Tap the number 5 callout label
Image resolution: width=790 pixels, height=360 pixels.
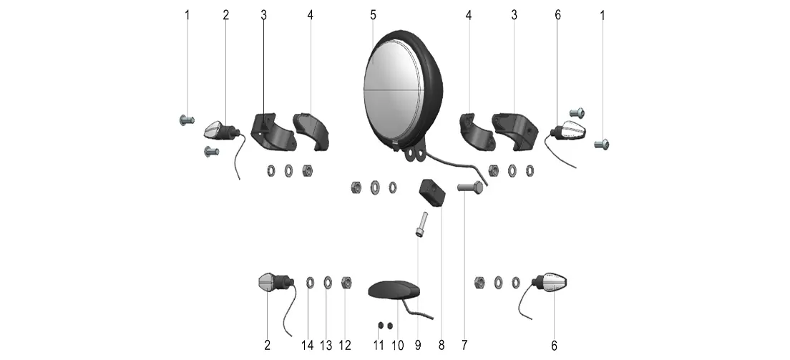coord(373,15)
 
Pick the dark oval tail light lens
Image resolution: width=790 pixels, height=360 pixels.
coord(394,291)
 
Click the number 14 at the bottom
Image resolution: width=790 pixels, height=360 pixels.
coord(307,346)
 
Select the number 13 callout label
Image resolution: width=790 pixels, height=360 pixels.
coord(326,346)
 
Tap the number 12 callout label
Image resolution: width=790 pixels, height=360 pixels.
coord(345,346)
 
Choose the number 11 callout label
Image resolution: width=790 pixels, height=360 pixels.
coord(379,346)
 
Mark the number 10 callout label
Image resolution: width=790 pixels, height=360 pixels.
coord(398,346)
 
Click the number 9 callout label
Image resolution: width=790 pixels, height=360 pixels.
coord(418,346)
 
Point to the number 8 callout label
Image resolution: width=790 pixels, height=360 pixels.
coord(441,346)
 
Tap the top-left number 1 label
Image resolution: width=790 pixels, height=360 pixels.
coord(188,15)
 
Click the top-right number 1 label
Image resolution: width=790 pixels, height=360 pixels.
coord(602,15)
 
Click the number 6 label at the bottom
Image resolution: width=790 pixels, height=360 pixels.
coord(554,346)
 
